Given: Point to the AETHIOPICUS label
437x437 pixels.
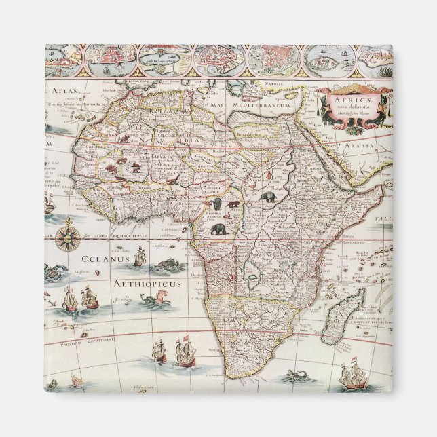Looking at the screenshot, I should click(x=138, y=283).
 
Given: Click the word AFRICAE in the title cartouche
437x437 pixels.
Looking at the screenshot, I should click(x=345, y=98).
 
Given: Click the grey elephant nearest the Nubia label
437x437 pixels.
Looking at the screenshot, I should click(x=267, y=197).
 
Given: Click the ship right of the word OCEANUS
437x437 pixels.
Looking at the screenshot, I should click(x=140, y=256).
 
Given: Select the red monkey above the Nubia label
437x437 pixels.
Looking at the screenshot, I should click(x=269, y=175).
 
